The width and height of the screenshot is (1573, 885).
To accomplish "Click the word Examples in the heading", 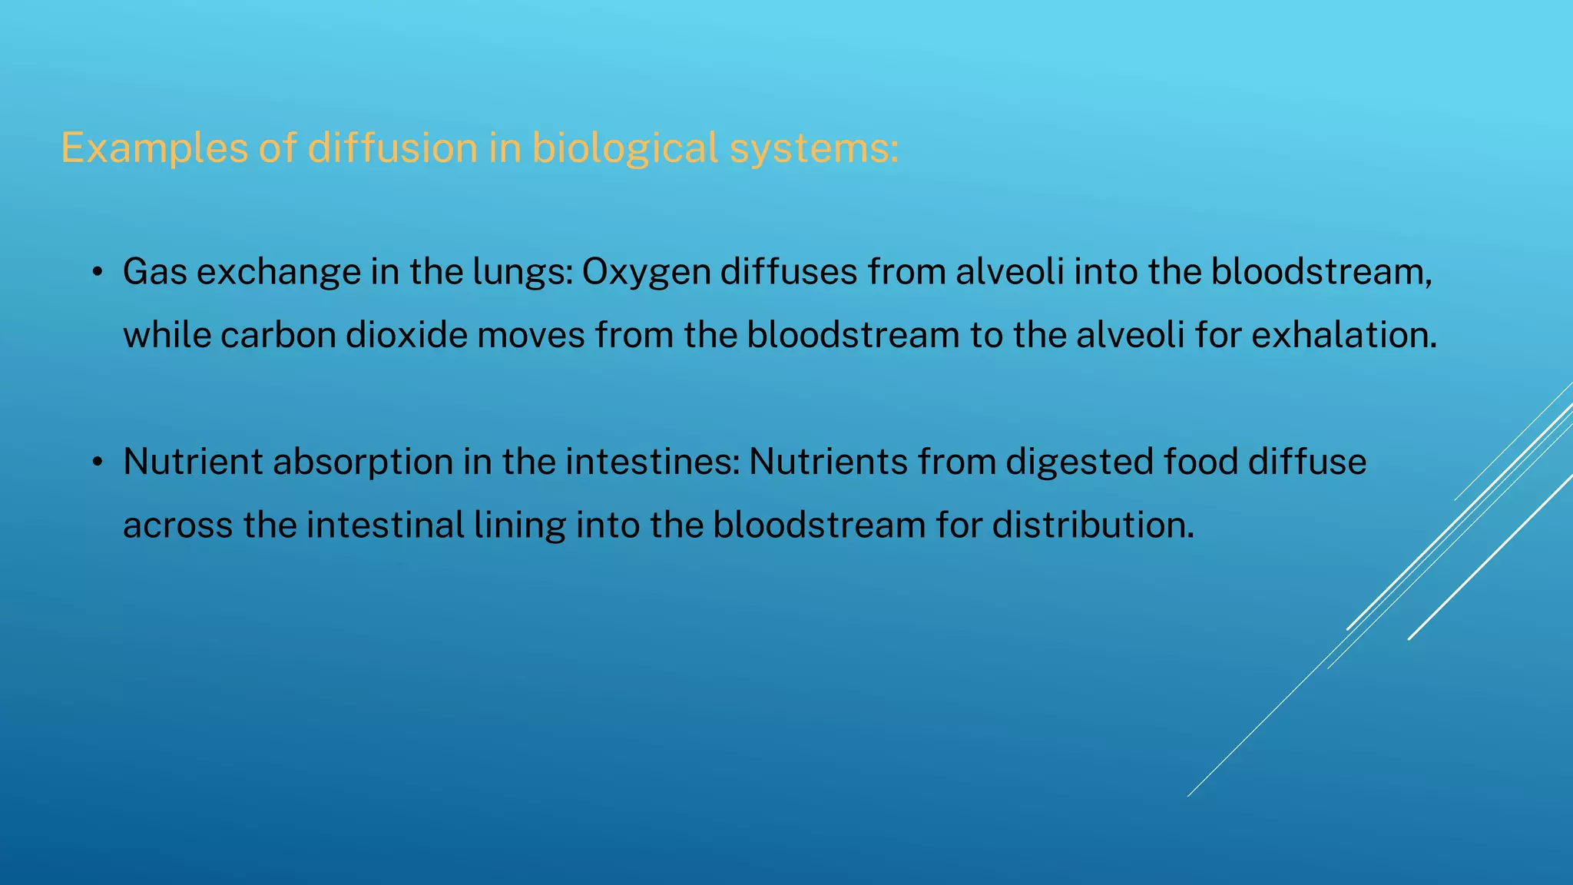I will pyautogui.click(x=154, y=147).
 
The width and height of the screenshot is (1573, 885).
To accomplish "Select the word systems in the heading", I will pyautogui.click(x=813, y=147).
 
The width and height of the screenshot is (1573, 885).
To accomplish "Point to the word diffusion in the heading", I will pyautogui.click(x=392, y=147).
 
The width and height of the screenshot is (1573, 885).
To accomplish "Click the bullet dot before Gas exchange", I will pyautogui.click(x=97, y=273).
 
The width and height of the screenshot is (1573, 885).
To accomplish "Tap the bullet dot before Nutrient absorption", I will pyautogui.click(x=97, y=462).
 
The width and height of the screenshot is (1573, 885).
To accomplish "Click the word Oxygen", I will pyautogui.click(x=646, y=272).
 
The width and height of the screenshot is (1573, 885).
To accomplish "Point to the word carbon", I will pyautogui.click(x=278, y=335).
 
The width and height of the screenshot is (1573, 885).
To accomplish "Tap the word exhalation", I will pyautogui.click(x=1343, y=335).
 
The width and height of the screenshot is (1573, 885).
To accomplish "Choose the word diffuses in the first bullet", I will pyautogui.click(x=789, y=272).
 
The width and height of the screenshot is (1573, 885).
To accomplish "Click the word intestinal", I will pyautogui.click(x=385, y=525).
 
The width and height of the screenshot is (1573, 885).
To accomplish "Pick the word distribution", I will pyautogui.click(x=1093, y=525).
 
